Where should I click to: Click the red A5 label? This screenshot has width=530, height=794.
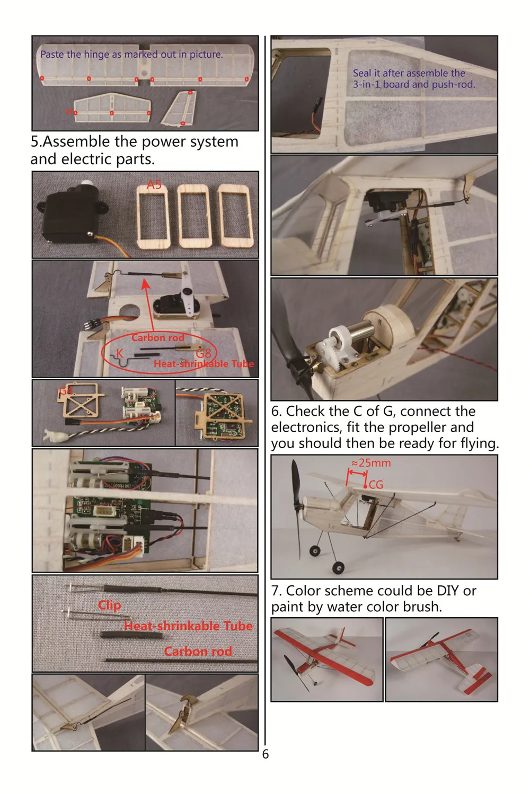click(x=154, y=184)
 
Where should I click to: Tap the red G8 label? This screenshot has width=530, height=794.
click(x=204, y=353)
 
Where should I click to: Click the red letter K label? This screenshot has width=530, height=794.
click(x=120, y=353)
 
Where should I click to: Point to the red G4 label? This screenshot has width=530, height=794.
click(x=66, y=390)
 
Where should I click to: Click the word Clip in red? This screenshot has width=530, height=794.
click(x=110, y=605)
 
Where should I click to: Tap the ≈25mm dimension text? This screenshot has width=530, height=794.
click(x=371, y=463)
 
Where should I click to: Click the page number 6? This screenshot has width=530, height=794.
click(x=266, y=754)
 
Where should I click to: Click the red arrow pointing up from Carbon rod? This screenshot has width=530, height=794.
click(x=148, y=305)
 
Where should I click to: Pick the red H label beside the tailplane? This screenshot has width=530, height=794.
click(x=69, y=112)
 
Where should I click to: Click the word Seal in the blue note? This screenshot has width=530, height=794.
click(x=361, y=73)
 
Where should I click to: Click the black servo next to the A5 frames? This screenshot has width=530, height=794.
click(x=71, y=215)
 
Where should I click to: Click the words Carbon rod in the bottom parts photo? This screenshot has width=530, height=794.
click(x=198, y=651)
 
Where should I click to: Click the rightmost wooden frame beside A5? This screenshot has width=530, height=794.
click(x=236, y=216)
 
